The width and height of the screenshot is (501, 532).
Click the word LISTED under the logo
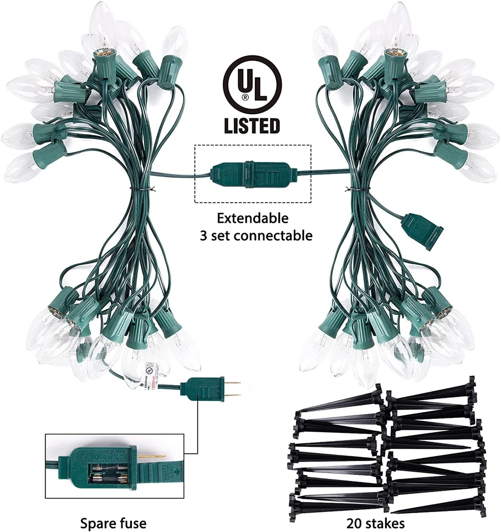(x=252, y=125)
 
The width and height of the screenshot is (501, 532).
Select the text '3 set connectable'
(x=256, y=236)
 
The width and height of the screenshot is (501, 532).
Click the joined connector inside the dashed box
(x=252, y=173)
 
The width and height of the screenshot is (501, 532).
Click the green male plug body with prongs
(x=206, y=389)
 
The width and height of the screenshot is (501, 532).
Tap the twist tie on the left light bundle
(x=135, y=190)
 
